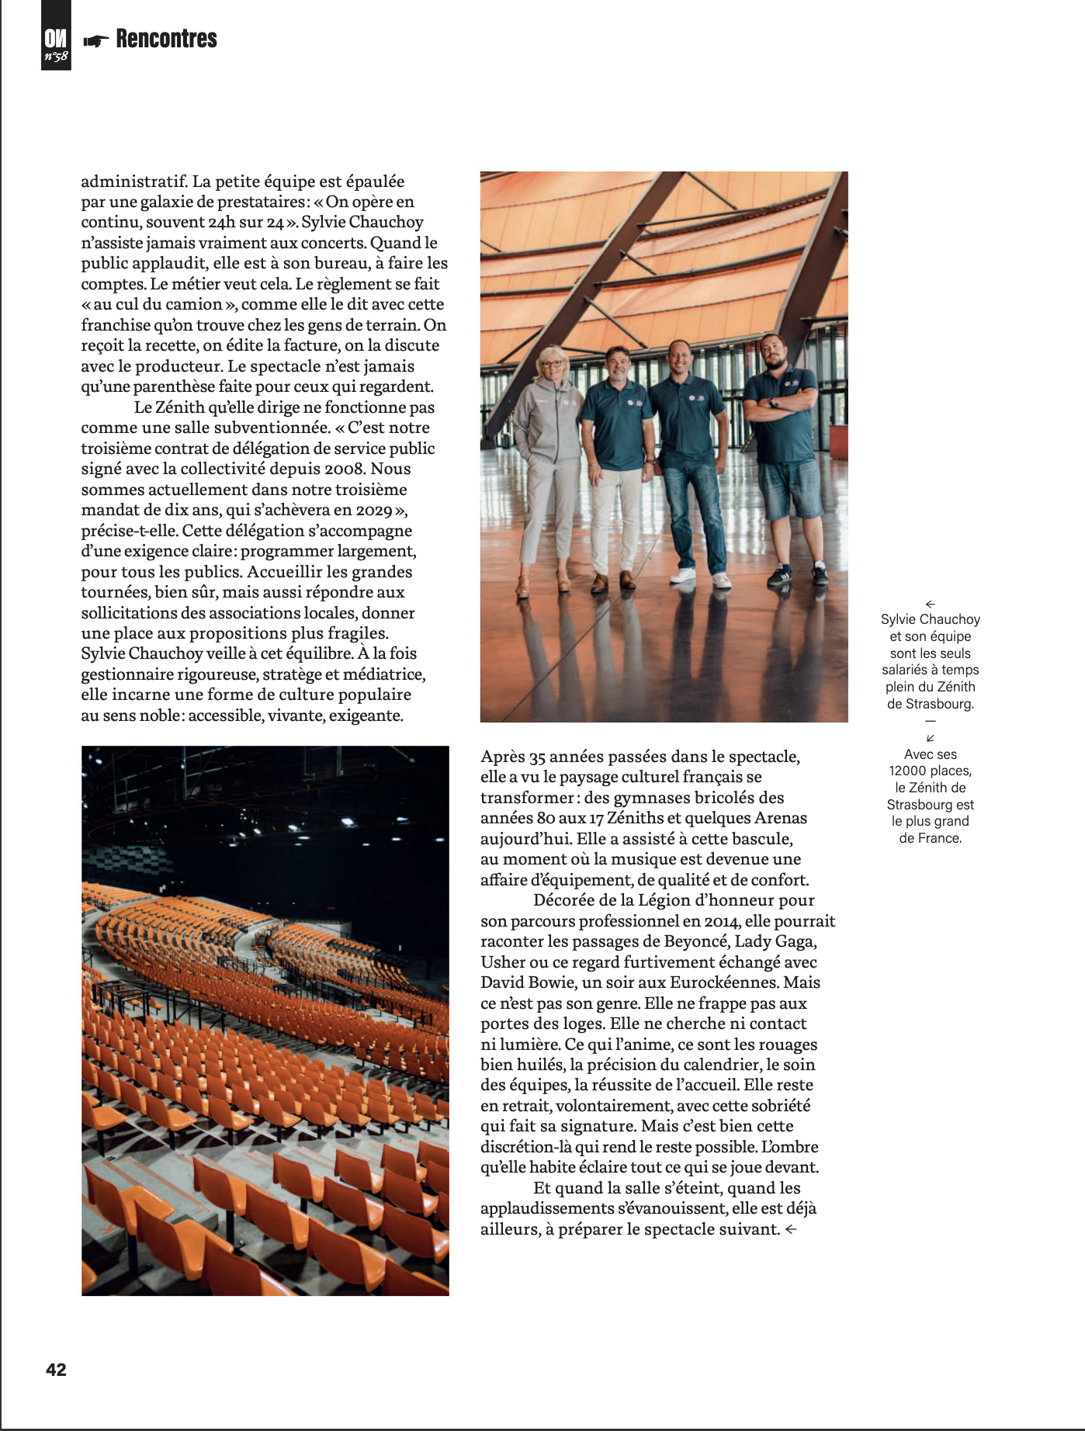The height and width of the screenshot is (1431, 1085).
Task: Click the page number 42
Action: point(57,1370)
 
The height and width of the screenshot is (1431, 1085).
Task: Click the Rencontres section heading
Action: point(166,39)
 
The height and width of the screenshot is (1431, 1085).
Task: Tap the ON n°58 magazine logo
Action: point(56,45)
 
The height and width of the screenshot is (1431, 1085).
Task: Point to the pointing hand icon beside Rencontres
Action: point(96,41)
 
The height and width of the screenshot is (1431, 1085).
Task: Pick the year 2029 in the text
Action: point(374,510)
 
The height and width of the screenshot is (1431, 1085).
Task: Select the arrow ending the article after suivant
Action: point(791,1229)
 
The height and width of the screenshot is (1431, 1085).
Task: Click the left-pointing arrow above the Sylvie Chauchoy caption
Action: point(931,604)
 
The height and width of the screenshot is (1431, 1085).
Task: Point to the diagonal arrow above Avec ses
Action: point(931,738)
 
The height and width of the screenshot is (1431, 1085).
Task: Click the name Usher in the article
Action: point(503,962)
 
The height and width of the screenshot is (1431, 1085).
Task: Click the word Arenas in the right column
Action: point(781,818)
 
